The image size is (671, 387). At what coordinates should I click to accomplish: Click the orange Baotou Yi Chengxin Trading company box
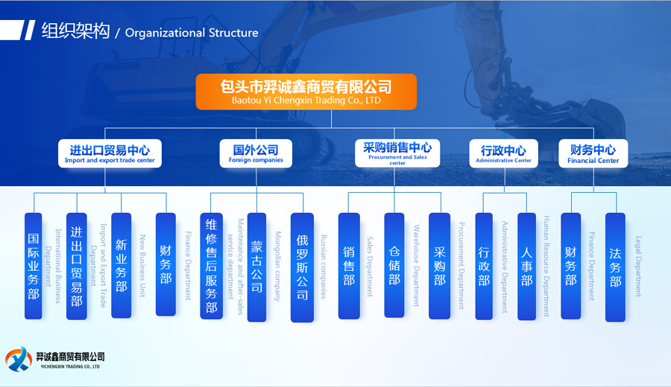pos(306,92)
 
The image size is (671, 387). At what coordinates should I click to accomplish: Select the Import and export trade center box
pos(110,154)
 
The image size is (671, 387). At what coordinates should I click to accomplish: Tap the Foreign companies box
pos(256,154)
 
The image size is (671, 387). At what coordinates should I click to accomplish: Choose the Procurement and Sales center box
pos(397,153)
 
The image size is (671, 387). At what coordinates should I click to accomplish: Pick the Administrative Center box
pos(503,154)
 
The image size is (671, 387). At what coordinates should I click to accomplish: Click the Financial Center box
pos(593,154)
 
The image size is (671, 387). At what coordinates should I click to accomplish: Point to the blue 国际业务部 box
pos(34,266)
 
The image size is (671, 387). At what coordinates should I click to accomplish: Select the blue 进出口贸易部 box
pos(77,266)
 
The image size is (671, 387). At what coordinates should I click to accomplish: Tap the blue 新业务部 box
pos(121,265)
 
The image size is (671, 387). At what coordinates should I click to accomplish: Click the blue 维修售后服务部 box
pos(212,266)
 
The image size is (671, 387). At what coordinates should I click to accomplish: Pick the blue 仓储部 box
pos(394,266)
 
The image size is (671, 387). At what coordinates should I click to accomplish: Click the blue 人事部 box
pos(527,266)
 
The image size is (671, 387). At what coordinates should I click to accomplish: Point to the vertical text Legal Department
pos(638,266)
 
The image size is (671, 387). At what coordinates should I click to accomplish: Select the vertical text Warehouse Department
pos(417,265)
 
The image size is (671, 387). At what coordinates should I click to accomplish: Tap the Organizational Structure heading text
pos(192,33)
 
